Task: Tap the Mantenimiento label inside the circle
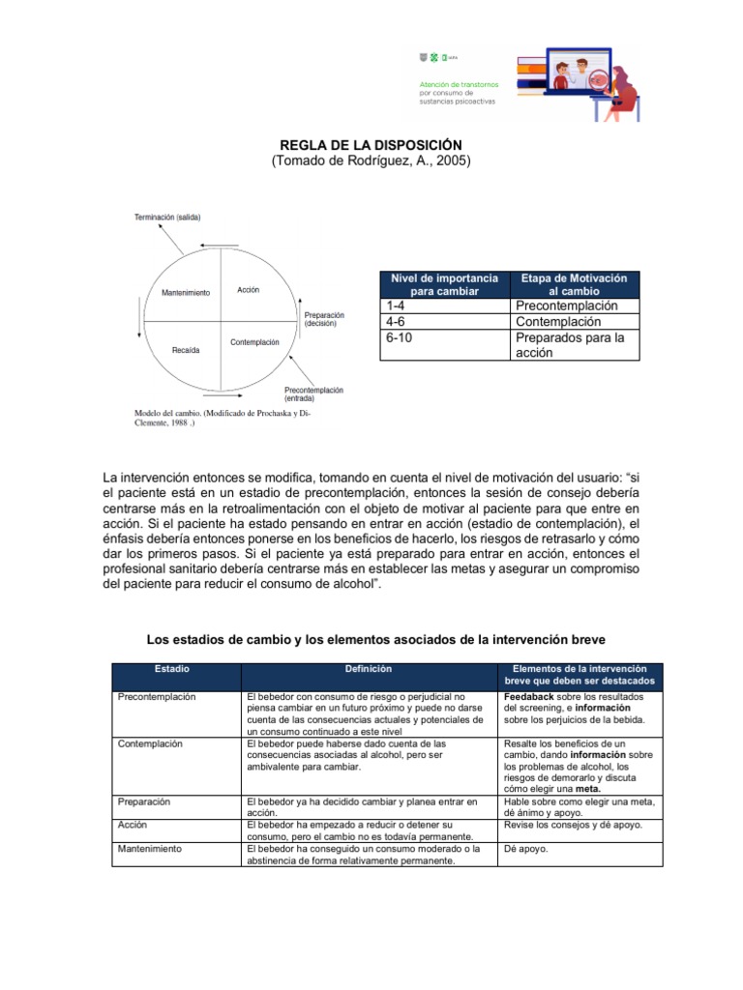click(x=185, y=293)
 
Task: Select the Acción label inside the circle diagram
click(x=248, y=290)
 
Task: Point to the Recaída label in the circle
click(x=186, y=350)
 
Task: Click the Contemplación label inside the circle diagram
click(x=254, y=342)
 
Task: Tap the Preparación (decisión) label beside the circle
click(x=324, y=320)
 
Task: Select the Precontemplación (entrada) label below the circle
click(x=313, y=393)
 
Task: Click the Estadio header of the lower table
click(x=171, y=669)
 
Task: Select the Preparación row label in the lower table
click(x=144, y=801)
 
